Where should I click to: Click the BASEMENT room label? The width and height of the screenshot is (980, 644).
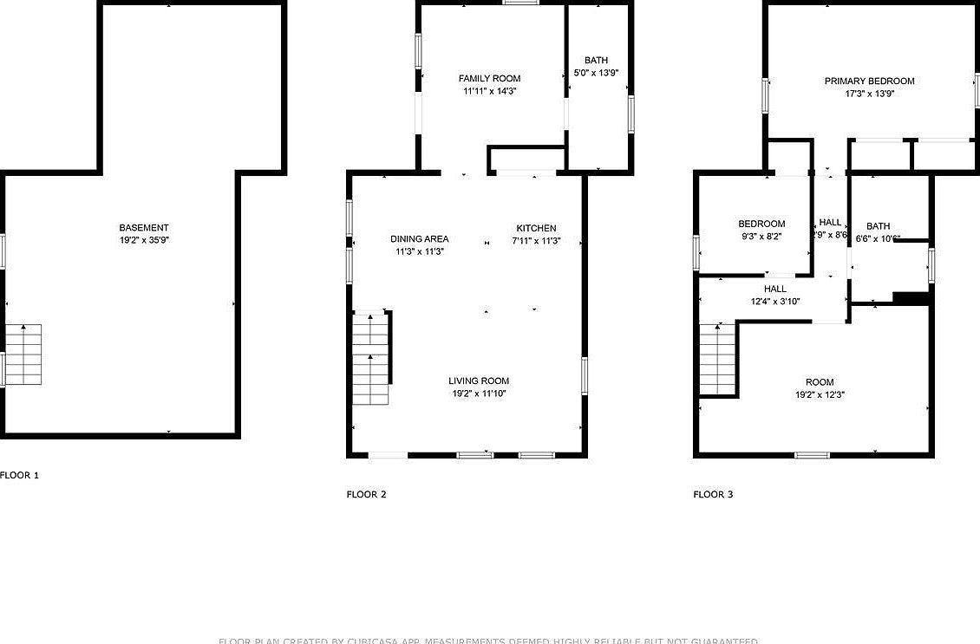(x=144, y=228)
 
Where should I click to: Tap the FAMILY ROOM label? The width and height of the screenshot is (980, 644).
(x=490, y=79)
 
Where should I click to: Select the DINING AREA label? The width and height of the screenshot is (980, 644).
(x=419, y=239)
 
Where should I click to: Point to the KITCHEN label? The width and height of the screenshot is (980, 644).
(x=536, y=228)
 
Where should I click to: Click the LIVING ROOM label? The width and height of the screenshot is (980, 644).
(x=479, y=381)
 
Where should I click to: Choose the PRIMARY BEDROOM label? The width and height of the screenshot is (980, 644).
(x=869, y=81)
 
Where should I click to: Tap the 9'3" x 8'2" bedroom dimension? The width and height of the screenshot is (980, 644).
(x=761, y=236)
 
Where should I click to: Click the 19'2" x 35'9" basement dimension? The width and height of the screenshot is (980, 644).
(x=144, y=240)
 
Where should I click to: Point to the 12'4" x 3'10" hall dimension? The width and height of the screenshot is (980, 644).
(x=774, y=302)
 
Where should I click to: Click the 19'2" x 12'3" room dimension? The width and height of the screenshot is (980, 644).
(x=820, y=394)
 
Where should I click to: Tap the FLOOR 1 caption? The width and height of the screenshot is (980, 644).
(x=20, y=475)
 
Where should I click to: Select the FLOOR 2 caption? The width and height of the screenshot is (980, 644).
(x=366, y=494)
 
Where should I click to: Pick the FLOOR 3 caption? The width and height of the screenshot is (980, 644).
(x=713, y=494)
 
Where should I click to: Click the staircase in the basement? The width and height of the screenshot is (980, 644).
(x=24, y=355)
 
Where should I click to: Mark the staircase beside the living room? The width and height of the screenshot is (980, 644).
(x=371, y=357)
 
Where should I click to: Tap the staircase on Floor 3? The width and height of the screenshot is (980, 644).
(x=717, y=358)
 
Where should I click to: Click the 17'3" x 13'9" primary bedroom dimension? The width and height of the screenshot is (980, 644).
(x=869, y=94)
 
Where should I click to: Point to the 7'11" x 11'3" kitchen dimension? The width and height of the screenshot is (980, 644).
(x=536, y=241)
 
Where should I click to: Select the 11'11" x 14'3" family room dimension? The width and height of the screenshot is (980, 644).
(x=490, y=91)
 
